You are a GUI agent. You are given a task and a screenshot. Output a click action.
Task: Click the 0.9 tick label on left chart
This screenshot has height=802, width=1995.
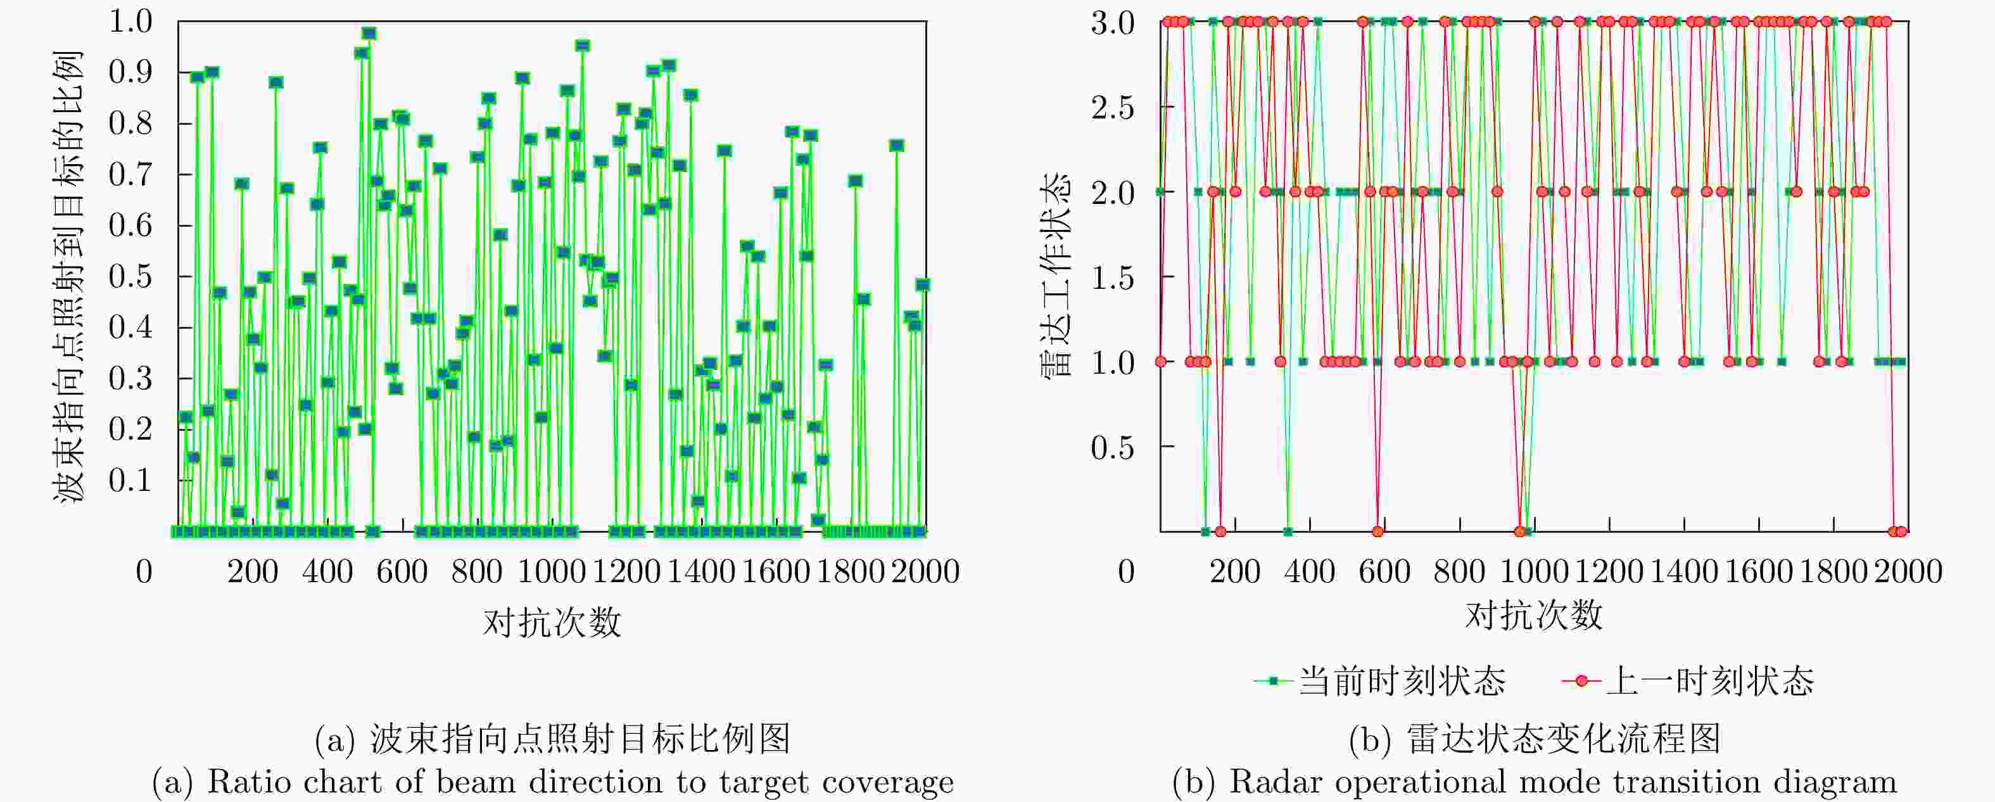coord(130,73)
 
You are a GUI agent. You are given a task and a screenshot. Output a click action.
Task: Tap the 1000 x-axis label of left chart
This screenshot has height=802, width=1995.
coord(552,573)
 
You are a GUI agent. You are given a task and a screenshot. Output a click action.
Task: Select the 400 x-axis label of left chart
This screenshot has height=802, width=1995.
coord(327,573)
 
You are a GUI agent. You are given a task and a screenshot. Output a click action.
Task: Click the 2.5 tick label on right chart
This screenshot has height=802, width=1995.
coord(1112,108)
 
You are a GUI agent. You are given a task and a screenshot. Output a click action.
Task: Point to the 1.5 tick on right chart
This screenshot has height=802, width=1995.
coord(1112,277)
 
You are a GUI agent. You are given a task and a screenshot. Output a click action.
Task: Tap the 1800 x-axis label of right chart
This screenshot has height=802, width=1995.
coord(1833,573)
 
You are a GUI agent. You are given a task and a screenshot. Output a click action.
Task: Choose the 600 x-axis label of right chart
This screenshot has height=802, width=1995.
coord(1384,573)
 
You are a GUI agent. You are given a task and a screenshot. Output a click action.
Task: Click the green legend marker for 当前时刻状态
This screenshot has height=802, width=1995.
coord(1273,681)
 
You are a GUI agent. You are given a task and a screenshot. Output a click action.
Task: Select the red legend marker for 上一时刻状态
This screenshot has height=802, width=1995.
coord(1581,681)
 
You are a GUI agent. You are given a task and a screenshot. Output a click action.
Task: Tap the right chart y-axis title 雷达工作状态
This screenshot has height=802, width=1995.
coord(1054,275)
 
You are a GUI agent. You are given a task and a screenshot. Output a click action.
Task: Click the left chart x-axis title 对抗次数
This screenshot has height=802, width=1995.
coord(552,622)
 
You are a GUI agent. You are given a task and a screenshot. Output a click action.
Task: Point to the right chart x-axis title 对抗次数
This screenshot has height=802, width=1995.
coord(1533,616)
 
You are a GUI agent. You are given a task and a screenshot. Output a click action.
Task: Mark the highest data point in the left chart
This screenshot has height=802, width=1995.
coord(369,34)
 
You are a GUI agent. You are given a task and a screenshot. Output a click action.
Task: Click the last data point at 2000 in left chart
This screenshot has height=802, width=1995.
coord(922,285)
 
